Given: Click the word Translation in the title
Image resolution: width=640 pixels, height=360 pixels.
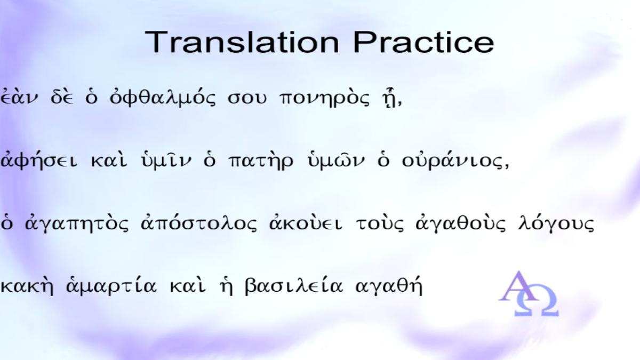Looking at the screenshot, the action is [x=242, y=42].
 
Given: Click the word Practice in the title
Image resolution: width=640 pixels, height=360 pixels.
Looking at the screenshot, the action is [x=423, y=42].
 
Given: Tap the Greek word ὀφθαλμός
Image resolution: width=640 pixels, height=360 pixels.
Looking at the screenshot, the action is [x=163, y=97].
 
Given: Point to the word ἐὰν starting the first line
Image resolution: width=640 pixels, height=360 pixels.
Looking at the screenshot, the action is [x=19, y=97].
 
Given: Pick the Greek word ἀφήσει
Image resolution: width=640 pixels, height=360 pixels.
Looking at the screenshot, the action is [x=39, y=160].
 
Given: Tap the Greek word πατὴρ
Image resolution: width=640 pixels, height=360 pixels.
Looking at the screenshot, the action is [x=261, y=161].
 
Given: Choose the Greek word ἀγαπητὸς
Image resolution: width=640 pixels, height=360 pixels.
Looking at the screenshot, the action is [x=77, y=223].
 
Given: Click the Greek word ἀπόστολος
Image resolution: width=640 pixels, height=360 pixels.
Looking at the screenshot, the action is [x=199, y=223].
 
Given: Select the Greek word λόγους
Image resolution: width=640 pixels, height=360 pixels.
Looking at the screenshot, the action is [x=556, y=223].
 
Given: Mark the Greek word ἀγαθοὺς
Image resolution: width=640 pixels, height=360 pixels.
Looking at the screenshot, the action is [x=461, y=223].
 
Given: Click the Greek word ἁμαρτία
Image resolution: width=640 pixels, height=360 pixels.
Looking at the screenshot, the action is [x=111, y=285].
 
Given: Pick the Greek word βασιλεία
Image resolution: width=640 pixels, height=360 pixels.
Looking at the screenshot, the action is [x=294, y=285].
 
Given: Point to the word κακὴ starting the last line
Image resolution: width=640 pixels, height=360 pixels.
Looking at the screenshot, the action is [x=27, y=285].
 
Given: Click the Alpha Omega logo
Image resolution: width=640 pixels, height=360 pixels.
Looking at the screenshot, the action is [x=529, y=294].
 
